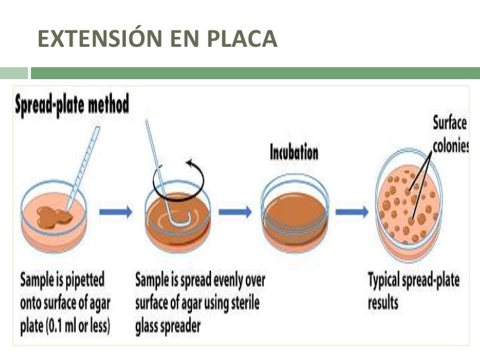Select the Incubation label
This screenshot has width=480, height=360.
(294, 153)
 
